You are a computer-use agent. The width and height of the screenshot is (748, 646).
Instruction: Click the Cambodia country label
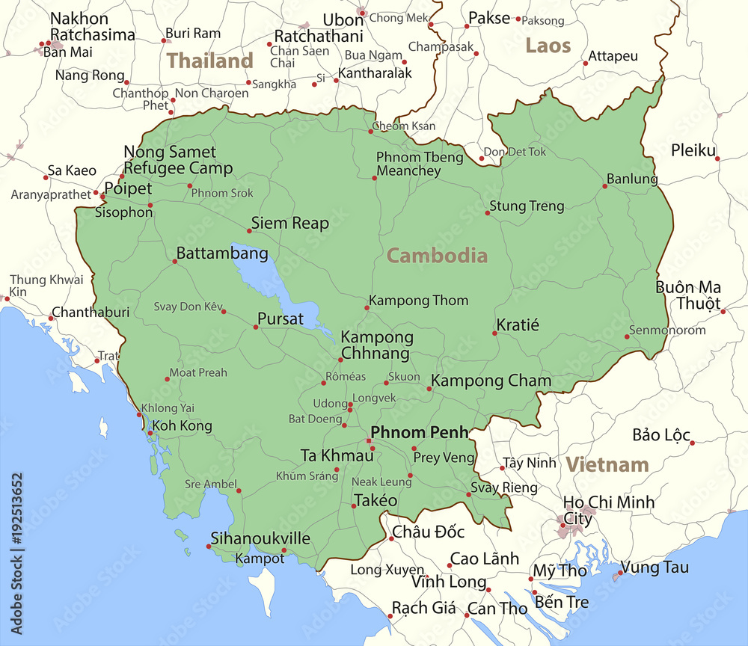(x=437, y=256)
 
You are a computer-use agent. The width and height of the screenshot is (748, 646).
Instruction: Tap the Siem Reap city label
(x=289, y=223)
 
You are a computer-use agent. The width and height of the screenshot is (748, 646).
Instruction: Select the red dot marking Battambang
(x=175, y=261)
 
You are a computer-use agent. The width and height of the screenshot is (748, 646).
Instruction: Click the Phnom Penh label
(x=420, y=432)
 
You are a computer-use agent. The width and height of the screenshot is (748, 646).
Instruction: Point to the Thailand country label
(x=209, y=61)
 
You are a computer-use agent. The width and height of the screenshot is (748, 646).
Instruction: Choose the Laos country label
(x=548, y=46)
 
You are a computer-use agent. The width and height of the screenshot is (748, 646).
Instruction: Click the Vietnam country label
(x=607, y=464)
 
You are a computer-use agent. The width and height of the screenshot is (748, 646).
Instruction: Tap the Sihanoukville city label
(x=260, y=538)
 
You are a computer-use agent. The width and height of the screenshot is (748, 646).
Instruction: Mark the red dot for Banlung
(x=605, y=185)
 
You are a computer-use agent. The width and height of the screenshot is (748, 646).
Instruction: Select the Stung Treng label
(x=527, y=206)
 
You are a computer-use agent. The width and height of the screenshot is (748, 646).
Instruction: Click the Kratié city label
(x=518, y=325)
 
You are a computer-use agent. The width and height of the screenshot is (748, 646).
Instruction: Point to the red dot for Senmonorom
(x=627, y=336)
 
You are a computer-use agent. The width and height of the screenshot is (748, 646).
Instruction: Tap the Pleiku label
(x=693, y=150)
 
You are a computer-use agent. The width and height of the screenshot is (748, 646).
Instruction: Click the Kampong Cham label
(x=491, y=381)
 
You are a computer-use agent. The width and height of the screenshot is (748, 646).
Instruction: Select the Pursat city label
(x=280, y=319)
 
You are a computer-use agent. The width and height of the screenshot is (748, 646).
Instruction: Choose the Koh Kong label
(x=182, y=425)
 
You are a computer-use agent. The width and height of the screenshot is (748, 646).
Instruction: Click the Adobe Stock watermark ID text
(x=16, y=553)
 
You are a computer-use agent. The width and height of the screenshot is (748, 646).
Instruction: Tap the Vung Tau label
(x=654, y=567)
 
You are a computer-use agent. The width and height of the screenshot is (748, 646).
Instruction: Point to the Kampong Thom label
(x=419, y=301)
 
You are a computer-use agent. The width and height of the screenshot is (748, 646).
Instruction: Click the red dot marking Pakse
(x=467, y=26)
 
